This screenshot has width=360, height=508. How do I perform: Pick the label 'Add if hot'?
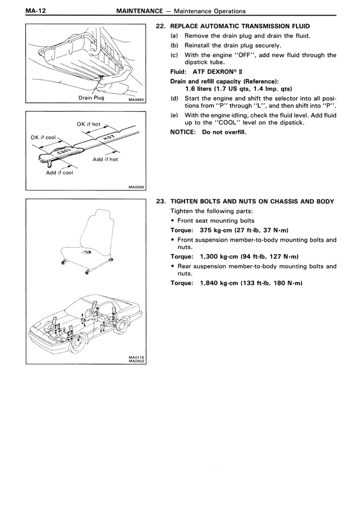(105, 159)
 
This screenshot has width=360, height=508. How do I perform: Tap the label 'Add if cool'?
(60, 173)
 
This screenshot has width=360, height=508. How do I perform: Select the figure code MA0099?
(136, 188)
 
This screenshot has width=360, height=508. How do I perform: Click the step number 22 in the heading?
(159, 26)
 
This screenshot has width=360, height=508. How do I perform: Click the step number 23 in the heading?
(159, 202)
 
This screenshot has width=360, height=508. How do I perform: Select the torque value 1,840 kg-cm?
(219, 283)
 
